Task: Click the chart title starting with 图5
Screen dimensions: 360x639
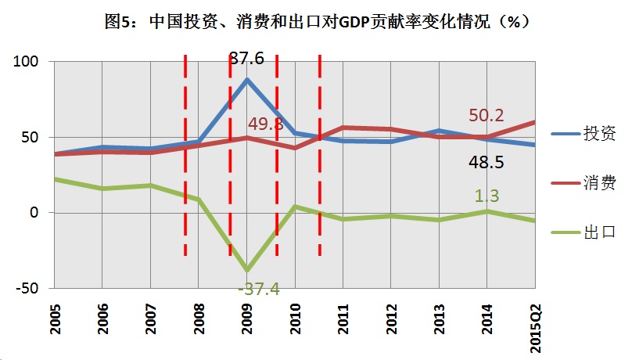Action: tap(318, 22)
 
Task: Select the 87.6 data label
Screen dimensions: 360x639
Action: tap(247, 59)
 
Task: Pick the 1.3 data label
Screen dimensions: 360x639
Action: tap(486, 196)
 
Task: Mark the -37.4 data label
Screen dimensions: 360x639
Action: tap(259, 290)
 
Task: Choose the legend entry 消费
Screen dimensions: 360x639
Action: tap(599, 183)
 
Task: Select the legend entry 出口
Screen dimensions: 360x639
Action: tap(599, 232)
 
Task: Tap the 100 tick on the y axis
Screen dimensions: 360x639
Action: tap(25, 62)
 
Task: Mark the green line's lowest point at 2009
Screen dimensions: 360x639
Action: tap(247, 269)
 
